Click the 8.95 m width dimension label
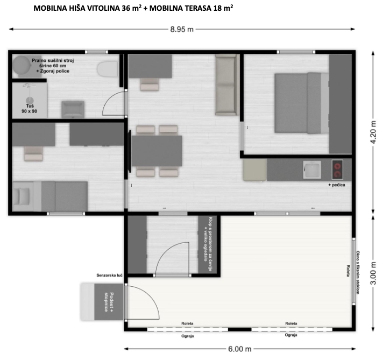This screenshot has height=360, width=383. (182, 30)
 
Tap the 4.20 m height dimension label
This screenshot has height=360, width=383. (373, 132)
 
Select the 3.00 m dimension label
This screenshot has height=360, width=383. (373, 273)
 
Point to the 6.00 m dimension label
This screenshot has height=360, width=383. (239, 349)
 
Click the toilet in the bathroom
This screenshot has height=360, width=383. (107, 69)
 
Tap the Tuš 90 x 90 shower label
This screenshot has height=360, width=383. (30, 109)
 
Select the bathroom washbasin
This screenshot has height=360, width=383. (73, 109)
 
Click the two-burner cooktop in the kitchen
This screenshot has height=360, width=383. (337, 170)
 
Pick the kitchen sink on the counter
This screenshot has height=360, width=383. (312, 170)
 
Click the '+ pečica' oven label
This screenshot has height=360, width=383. (337, 185)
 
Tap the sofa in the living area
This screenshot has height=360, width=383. (226, 85)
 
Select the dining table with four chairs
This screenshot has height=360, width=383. (157, 151)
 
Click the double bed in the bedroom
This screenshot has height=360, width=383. (302, 103)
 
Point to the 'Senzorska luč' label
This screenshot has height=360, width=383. (109, 276)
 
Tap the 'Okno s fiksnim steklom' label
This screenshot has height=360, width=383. (358, 272)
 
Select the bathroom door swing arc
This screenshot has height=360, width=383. (108, 98)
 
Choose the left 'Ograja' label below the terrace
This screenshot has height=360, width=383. (188, 336)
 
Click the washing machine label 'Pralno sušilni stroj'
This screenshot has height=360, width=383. (53, 60)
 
